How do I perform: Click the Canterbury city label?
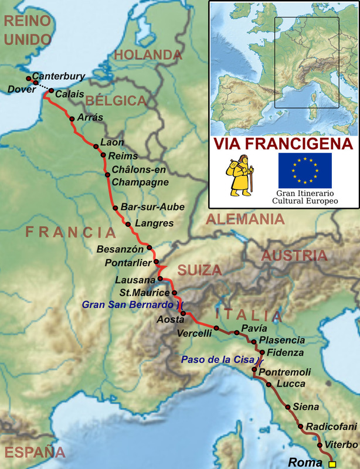[x=59, y=76]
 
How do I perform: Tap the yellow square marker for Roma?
[x=332, y=464]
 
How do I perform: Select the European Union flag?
[x=304, y=170]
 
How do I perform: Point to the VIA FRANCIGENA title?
[x=283, y=144]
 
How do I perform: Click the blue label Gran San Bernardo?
[x=128, y=305]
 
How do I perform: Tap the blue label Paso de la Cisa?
[x=216, y=359]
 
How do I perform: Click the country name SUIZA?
[x=201, y=270]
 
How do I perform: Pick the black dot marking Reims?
[x=103, y=155]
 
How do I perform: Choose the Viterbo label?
[x=341, y=446]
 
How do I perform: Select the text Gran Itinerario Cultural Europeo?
[x=305, y=197]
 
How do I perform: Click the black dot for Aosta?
[x=184, y=314]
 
